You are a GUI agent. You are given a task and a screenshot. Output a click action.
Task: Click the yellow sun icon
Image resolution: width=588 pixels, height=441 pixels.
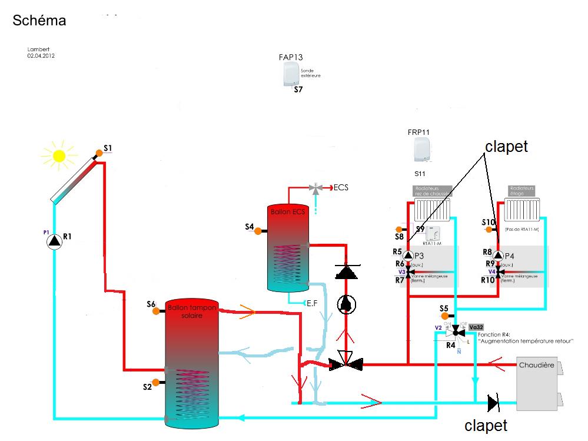click(59, 155)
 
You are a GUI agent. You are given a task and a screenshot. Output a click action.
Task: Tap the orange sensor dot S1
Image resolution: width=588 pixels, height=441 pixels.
click(99, 153)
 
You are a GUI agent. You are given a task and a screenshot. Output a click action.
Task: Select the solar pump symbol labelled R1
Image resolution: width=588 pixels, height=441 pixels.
click(55, 241)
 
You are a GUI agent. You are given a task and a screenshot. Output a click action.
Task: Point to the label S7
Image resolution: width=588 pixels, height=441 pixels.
click(298, 90)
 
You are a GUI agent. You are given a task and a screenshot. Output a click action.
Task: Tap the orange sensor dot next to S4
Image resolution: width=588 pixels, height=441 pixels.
click(258, 231)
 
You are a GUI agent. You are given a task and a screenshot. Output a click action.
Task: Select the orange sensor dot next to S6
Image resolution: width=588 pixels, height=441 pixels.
click(157, 311)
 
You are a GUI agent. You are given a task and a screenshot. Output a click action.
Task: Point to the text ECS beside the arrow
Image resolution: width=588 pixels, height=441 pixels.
click(341, 188)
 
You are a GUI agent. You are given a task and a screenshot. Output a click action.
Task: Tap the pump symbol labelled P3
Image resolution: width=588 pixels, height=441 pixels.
click(408, 256)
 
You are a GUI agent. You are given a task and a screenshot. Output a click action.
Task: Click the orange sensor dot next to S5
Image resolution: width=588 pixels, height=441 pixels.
click(444, 316)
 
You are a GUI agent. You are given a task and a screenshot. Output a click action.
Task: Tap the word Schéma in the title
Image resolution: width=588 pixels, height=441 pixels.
click(39, 21)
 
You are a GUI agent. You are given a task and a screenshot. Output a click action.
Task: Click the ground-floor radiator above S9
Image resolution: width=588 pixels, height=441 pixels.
click(432, 209)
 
